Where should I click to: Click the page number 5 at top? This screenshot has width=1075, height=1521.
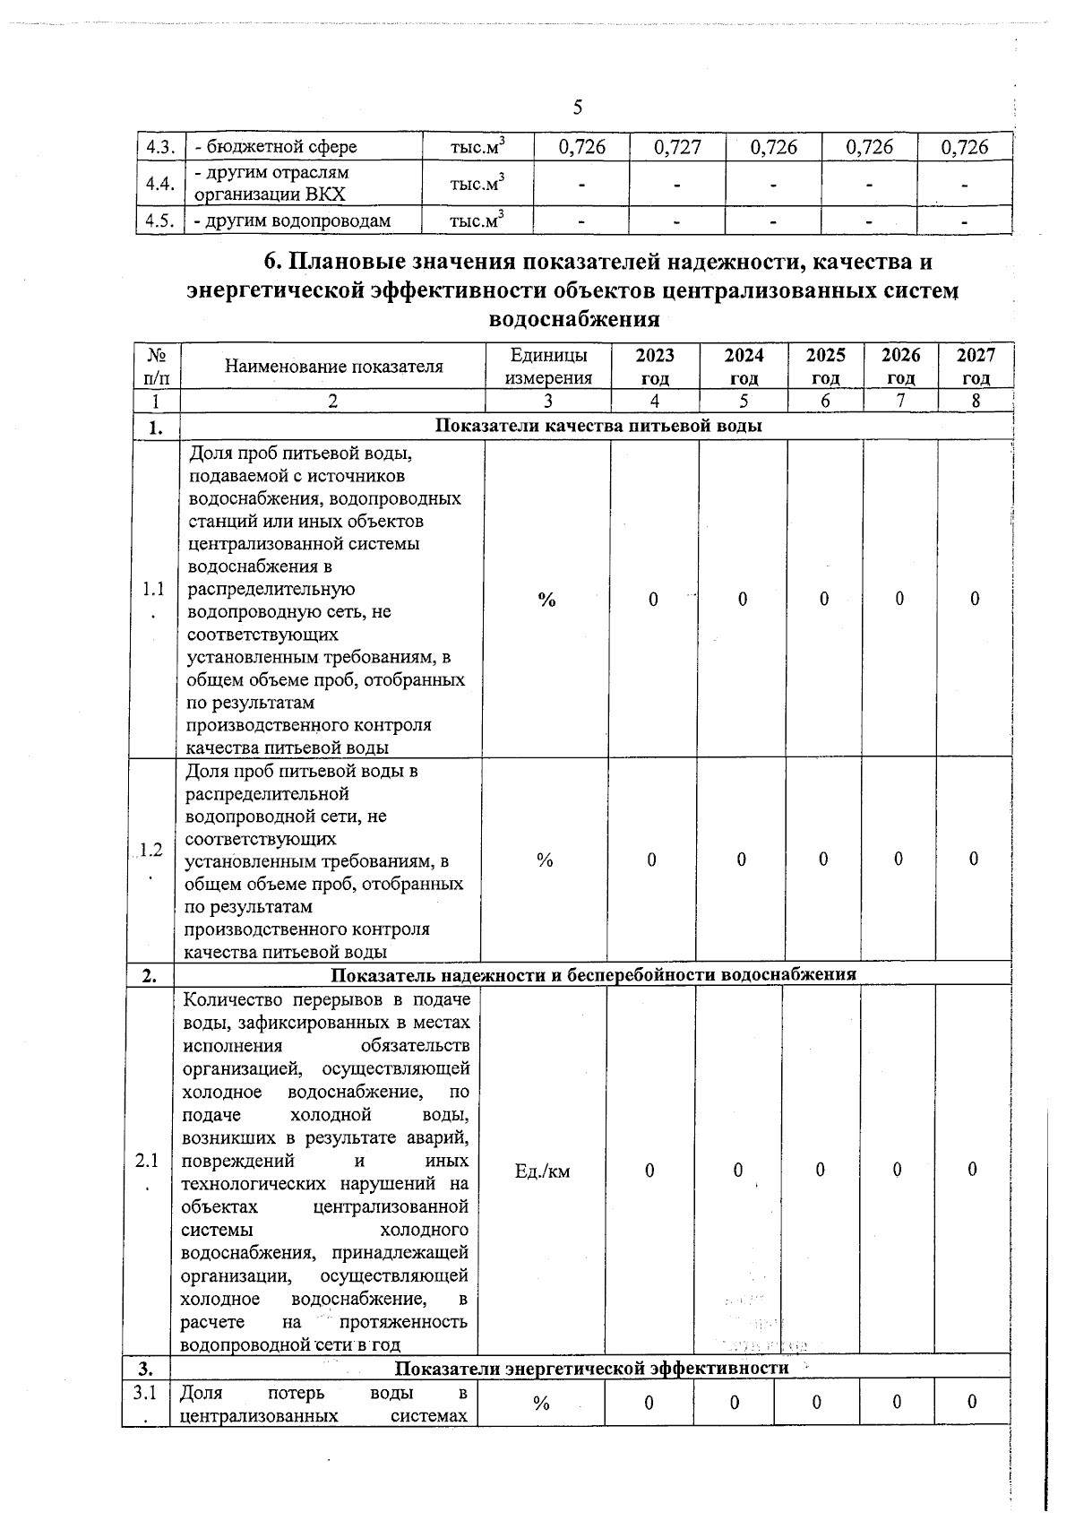click(x=577, y=108)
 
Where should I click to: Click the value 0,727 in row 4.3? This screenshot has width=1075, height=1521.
click(x=678, y=147)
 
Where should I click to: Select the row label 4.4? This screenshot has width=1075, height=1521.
click(x=159, y=184)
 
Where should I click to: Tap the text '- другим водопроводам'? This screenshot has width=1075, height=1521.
click(x=292, y=221)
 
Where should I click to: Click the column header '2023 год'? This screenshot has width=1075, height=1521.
click(x=655, y=366)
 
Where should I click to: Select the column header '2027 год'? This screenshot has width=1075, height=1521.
click(x=976, y=366)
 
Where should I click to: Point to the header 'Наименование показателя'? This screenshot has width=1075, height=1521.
click(x=333, y=366)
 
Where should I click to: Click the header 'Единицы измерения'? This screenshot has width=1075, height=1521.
click(x=548, y=366)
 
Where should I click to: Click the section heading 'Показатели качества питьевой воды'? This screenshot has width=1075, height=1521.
click(x=598, y=427)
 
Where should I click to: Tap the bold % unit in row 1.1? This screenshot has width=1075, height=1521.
click(x=546, y=600)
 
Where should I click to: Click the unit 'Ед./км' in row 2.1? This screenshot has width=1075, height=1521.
click(x=543, y=1171)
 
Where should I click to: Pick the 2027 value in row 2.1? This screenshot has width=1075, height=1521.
click(x=972, y=1170)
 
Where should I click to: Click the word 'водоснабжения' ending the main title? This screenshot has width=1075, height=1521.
click(x=575, y=318)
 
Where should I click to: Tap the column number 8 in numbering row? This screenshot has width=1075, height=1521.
click(x=976, y=402)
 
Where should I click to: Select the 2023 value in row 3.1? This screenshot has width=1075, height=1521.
click(x=649, y=1403)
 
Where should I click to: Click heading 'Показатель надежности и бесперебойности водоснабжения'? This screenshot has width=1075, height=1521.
click(x=593, y=974)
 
